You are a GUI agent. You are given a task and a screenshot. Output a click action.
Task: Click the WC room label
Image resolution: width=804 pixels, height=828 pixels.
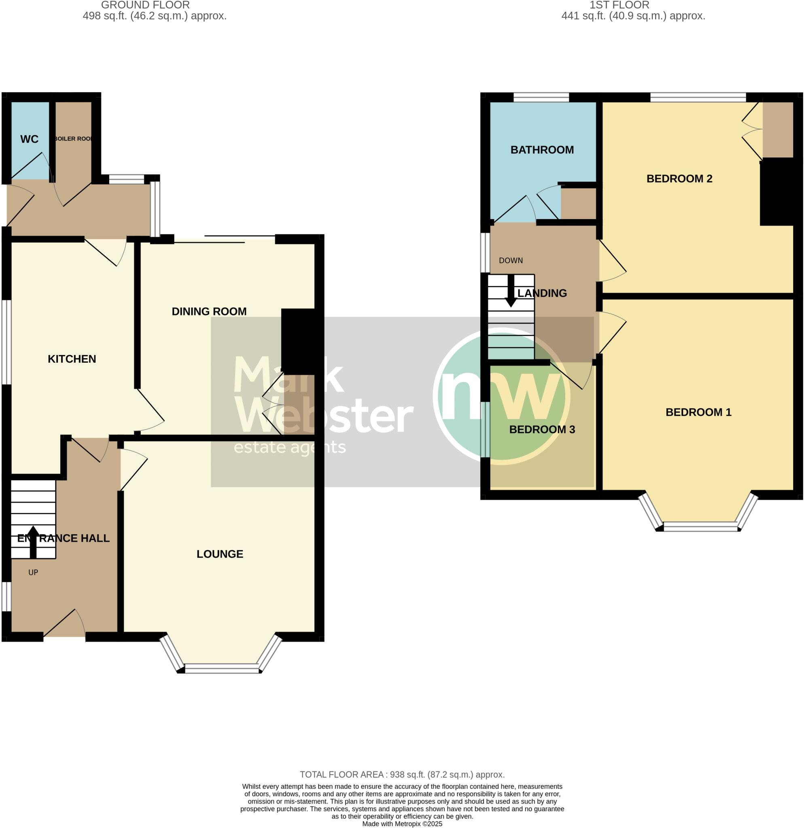[x=29, y=139]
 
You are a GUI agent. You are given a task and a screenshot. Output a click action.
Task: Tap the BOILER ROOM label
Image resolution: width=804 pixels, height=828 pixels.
[x=74, y=139]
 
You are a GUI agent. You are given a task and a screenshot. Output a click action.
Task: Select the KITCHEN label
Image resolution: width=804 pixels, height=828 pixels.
[x=72, y=359]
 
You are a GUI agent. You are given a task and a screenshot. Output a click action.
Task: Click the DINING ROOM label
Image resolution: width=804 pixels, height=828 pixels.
[x=209, y=311]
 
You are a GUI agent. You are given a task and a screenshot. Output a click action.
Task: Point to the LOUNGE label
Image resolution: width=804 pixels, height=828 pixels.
[x=220, y=554]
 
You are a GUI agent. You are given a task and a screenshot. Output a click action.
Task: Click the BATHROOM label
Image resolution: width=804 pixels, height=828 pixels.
[x=542, y=150]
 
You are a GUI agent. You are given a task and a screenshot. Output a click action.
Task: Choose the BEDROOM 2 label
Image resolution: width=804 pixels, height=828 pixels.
[x=679, y=178]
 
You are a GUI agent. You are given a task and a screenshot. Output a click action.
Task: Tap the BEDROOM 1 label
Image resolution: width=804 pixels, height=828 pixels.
[x=698, y=412]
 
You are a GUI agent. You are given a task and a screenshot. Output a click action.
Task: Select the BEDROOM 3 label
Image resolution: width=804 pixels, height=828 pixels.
[x=542, y=429]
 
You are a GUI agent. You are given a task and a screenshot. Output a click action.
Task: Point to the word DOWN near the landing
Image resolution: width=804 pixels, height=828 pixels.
[x=511, y=260]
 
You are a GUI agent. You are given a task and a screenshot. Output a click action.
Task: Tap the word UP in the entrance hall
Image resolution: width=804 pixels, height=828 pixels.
[x=33, y=572]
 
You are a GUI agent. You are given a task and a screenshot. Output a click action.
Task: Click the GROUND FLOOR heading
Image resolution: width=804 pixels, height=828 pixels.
[x=145, y=5]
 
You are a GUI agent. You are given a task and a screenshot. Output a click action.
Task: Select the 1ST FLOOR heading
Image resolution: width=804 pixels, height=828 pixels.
[x=619, y=5]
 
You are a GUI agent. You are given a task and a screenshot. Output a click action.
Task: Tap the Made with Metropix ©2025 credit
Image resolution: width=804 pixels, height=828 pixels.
[x=402, y=824]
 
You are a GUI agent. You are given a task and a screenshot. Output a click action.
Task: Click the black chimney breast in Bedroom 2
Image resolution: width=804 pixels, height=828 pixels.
[x=776, y=192]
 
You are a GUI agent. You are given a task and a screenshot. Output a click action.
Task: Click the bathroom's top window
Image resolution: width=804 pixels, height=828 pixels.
[x=541, y=97]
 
